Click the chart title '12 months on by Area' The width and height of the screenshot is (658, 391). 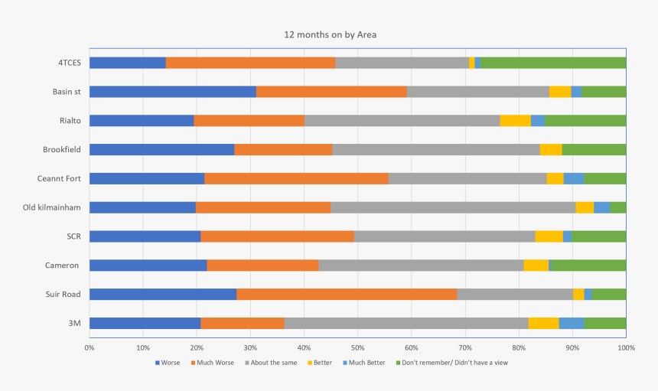click(330, 34)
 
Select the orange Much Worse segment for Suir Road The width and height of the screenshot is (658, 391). click(347, 294)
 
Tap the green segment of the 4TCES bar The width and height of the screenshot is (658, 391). click(553, 63)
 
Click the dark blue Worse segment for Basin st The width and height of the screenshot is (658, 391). click(172, 92)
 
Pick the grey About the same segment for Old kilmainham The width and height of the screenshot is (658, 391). click(453, 207)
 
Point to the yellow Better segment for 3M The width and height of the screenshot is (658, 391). click(543, 323)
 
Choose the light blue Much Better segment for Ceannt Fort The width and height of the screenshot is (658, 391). click(574, 178)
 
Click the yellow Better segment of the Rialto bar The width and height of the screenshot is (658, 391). click(515, 120)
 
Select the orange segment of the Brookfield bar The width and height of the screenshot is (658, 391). click(283, 149)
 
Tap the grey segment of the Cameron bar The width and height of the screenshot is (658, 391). click(421, 266)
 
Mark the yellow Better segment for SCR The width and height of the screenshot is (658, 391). click(549, 236)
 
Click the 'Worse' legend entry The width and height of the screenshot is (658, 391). click(168, 363)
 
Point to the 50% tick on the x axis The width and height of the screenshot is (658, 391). click(357, 347)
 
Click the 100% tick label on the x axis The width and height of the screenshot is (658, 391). click(625, 347)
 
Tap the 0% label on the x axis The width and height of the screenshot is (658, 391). click(90, 347)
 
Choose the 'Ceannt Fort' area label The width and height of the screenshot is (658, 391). click(59, 178)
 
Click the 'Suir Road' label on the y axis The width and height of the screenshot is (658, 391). click(62, 294)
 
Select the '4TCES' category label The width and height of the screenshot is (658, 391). click(69, 63)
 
